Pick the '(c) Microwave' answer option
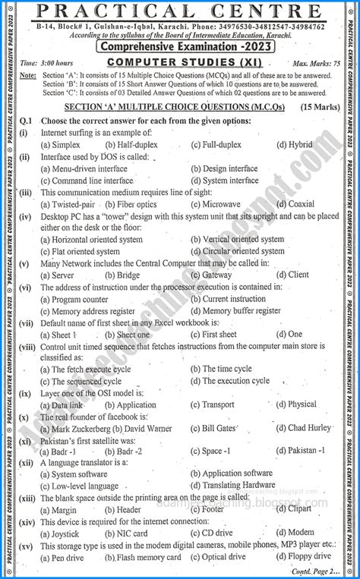tap(215, 204)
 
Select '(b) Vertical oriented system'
tap(236, 239)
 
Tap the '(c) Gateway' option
tap(211, 275)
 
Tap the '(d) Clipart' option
tap(292, 510)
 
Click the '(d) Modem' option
tap(295, 533)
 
